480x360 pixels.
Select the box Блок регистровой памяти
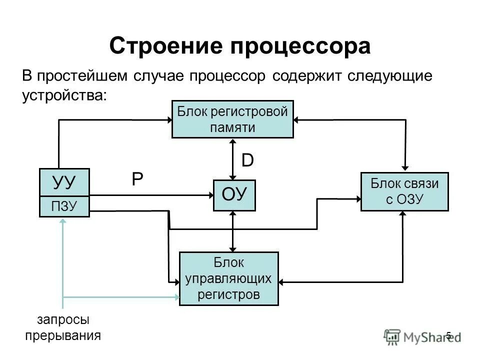click(232, 119)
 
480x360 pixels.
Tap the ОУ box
click(234, 195)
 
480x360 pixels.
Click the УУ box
click(64, 182)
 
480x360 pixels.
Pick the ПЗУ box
click(64, 206)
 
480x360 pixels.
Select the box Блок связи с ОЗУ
click(404, 191)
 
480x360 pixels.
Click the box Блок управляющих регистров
click(228, 278)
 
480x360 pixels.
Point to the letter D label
click(247, 160)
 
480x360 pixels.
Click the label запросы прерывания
click(63, 327)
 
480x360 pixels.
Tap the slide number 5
click(448, 335)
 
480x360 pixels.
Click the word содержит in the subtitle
click(303, 76)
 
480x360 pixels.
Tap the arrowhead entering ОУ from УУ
click(209, 195)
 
